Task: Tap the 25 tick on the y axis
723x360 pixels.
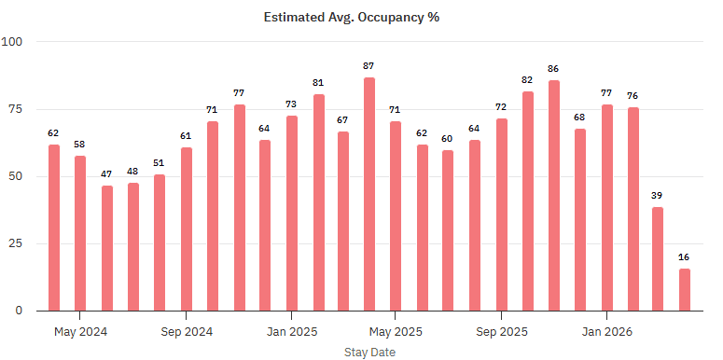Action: point(17,243)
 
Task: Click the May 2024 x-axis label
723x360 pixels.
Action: point(80,331)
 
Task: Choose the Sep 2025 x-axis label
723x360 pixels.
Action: point(501,331)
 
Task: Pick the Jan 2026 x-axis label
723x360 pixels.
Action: point(606,331)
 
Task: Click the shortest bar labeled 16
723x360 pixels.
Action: point(685,289)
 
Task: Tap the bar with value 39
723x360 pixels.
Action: point(658,258)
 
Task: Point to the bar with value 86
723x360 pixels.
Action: point(554,195)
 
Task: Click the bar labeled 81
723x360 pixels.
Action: point(317,202)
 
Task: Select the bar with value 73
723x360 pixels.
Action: point(291,213)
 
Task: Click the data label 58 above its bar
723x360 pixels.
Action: point(80,145)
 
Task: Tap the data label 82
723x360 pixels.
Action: point(527,80)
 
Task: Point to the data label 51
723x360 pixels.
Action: point(160,163)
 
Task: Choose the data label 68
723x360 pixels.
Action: point(579,118)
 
